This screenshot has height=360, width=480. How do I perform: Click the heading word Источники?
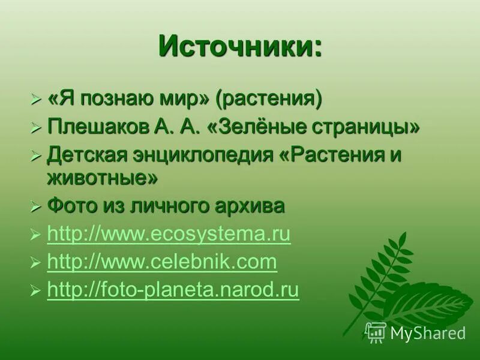(x=240, y=47)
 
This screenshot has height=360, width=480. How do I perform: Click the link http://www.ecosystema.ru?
(x=169, y=235)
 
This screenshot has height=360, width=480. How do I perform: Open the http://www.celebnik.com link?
(x=162, y=262)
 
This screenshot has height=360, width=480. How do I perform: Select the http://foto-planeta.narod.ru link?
(x=173, y=290)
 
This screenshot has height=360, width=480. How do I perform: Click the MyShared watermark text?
(x=428, y=333)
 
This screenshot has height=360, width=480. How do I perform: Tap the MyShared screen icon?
(x=376, y=332)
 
